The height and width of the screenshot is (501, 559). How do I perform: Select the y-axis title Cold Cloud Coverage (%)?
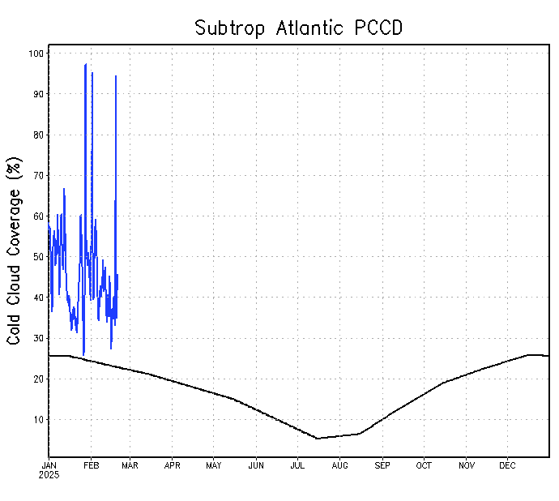tap(14, 251)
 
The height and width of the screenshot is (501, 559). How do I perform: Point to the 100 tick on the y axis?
tap(36, 54)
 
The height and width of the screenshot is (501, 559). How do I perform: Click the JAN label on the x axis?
tap(49, 465)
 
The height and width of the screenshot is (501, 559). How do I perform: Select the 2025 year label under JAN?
tap(49, 474)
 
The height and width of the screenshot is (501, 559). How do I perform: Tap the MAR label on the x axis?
tap(130, 465)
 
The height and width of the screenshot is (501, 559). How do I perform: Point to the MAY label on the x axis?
tap(214, 465)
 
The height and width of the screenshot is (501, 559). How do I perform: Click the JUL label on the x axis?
tap(297, 465)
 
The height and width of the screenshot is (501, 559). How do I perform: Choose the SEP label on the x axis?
tap(382, 465)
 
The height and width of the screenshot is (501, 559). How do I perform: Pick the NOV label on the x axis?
tap(467, 465)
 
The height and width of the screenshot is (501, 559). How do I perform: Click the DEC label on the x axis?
tap(508, 465)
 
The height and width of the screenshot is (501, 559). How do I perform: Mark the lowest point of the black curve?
tap(317, 439)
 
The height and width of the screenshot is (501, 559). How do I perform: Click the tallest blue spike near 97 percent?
tap(85, 64)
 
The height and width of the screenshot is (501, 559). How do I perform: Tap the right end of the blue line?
tap(117, 276)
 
